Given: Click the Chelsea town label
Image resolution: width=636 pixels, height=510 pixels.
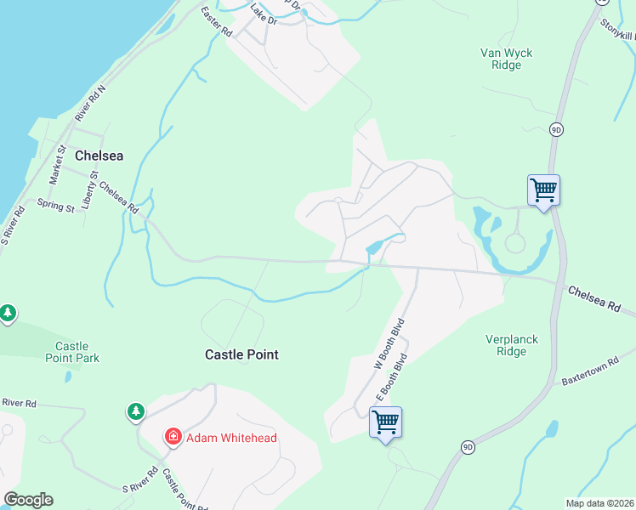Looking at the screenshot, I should click(x=99, y=156).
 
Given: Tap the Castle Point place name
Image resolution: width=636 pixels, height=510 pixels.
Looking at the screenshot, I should click(x=241, y=354).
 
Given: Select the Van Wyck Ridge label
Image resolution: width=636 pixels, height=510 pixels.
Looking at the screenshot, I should click(x=506, y=59).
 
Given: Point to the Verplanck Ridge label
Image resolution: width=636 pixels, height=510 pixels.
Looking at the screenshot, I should click(x=512, y=345).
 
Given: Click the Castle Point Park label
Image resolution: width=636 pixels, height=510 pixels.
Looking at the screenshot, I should click(x=72, y=352).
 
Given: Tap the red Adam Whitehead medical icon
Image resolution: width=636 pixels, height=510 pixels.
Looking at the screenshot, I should click(x=173, y=437).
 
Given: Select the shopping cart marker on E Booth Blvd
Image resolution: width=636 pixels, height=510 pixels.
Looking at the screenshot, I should click(x=385, y=422).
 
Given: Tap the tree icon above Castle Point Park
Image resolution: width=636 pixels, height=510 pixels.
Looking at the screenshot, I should click(x=8, y=314).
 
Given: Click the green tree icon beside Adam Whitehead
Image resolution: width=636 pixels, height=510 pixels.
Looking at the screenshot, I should click(x=136, y=412).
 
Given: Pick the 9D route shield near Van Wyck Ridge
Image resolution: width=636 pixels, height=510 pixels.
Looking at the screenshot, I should click(x=556, y=129).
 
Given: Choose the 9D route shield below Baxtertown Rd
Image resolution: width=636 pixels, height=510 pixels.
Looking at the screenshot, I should click(x=468, y=446).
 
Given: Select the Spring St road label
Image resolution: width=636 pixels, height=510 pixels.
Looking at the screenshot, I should click(x=55, y=206).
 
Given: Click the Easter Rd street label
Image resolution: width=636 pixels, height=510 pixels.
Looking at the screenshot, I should click(x=216, y=20).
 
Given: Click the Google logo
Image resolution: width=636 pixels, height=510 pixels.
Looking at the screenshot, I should click(x=28, y=499).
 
